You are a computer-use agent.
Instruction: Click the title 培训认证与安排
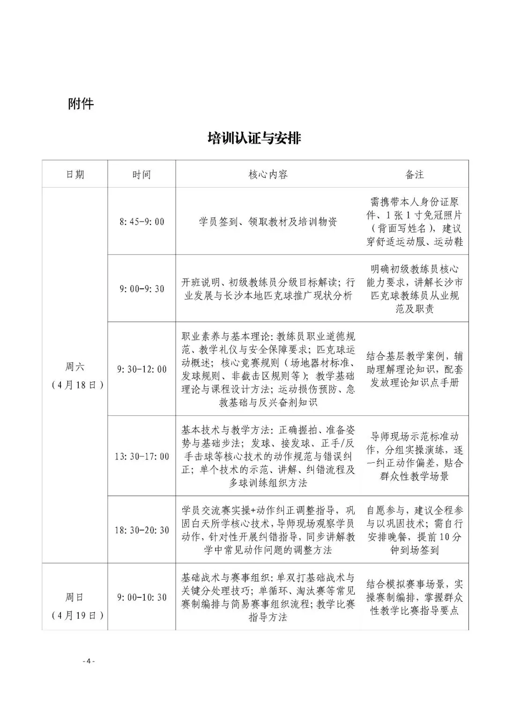254,138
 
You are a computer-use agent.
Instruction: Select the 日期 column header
75,174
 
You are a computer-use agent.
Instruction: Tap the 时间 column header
141,174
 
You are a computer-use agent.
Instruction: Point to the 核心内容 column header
268,174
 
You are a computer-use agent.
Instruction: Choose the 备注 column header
415,174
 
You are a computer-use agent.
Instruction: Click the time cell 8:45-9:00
141,222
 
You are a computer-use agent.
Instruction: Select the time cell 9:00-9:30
141,289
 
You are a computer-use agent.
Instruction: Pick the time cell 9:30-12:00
141,369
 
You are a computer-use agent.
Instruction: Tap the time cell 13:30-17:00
141,456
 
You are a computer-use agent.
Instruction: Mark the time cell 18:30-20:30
141,530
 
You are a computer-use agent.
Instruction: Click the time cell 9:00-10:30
141,597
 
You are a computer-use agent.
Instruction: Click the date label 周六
75,367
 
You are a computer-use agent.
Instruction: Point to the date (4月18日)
75,384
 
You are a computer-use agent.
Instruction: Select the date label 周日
75,597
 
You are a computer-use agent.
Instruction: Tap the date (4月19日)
75,615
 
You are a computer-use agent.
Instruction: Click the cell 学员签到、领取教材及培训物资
268,222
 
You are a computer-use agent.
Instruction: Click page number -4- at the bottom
89,662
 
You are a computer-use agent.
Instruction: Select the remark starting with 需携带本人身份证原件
415,222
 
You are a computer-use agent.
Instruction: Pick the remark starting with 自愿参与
415,530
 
